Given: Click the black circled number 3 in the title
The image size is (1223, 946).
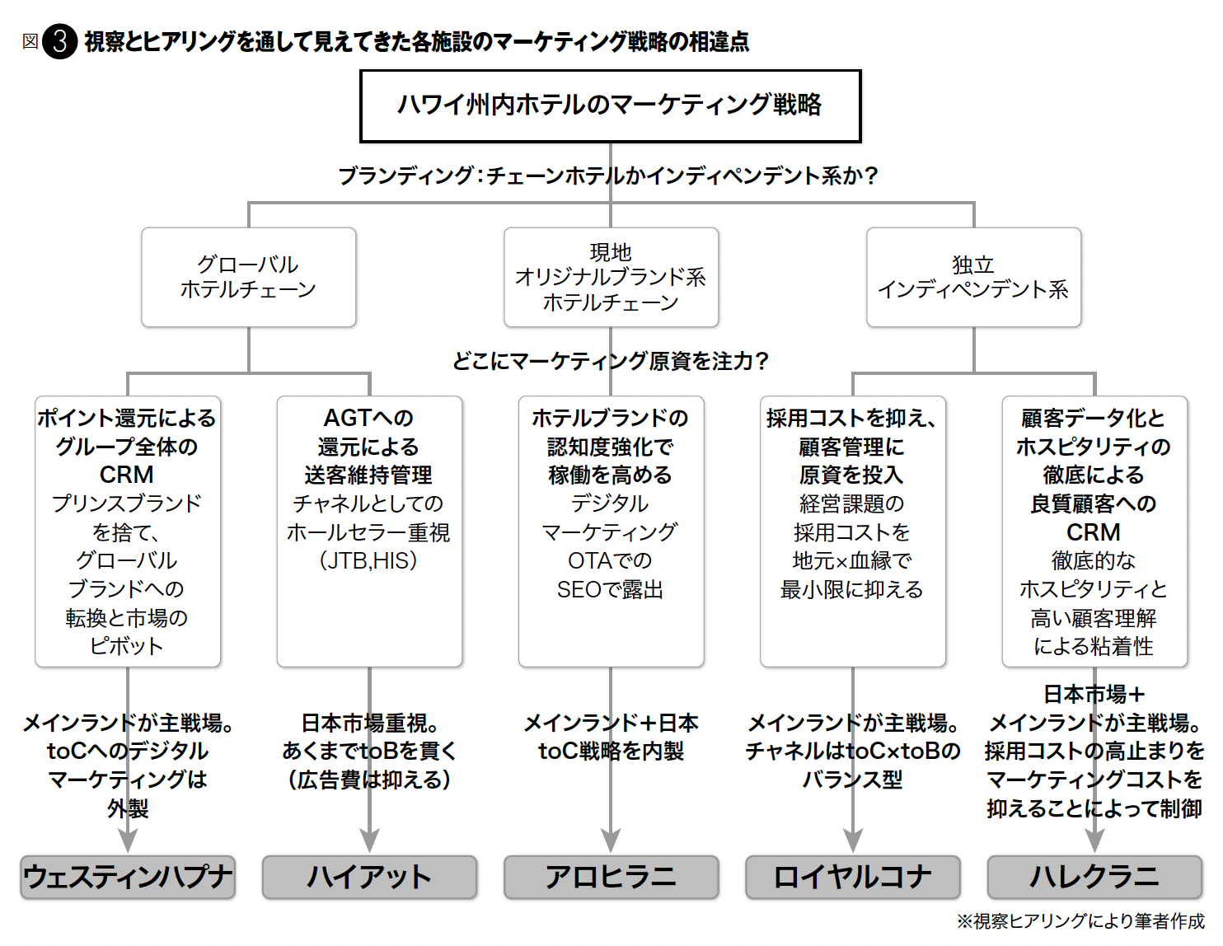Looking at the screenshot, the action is coord(59,41).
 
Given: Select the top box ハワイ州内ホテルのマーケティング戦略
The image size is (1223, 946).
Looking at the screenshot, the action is coord(610,105).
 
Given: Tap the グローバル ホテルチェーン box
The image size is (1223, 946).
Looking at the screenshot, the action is coord(248,277).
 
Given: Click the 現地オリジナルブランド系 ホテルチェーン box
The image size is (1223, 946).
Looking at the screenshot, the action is coord(611,277).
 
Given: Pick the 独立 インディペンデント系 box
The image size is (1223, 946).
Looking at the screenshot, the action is coord(973,277).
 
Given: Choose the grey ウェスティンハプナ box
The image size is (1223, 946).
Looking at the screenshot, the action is coord(128,877).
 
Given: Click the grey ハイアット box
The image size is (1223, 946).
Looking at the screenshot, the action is coord(369,877).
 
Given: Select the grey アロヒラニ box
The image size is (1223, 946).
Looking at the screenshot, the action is coord(611,877).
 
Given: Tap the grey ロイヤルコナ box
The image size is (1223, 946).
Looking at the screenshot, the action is coord(853,877).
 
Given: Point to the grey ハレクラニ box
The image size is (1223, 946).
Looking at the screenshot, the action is coord(1094,877).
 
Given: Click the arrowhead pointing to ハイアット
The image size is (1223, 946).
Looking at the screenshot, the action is coord(369,841).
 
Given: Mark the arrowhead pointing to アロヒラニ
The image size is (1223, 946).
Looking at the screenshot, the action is coord(611,841).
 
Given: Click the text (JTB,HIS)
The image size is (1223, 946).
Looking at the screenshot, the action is coord(368,560).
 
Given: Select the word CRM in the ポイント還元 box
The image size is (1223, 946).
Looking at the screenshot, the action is coord(127,475).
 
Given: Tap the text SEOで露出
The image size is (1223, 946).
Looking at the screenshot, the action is coord(610,589).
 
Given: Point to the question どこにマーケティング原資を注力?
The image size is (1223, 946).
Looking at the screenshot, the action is coord(611,361).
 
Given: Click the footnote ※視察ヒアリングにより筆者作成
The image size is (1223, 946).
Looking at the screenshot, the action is coord(1080,920).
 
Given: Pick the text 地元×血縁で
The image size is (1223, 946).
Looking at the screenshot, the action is coord(852,560).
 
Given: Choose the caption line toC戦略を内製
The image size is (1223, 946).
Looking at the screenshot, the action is coord(611,751).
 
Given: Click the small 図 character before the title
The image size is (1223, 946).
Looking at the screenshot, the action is coord(30,41).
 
